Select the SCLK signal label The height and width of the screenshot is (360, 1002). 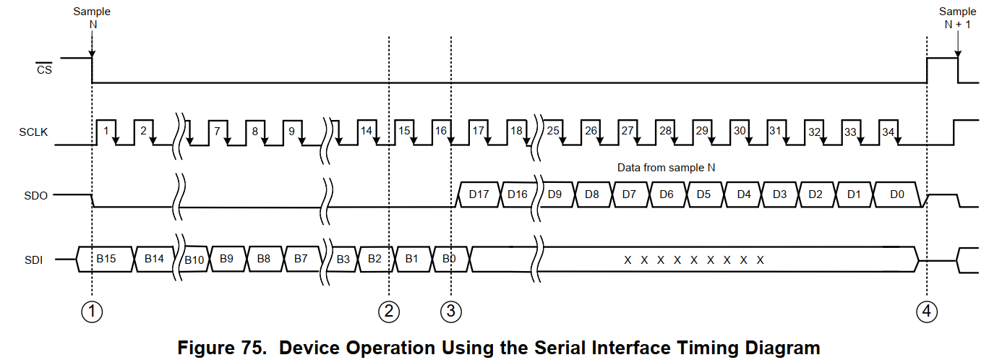(33, 133)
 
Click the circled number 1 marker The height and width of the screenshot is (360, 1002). (92, 312)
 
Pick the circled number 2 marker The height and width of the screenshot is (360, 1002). (389, 312)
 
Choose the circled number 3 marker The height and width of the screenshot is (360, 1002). (450, 312)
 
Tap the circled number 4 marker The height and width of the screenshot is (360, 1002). (926, 312)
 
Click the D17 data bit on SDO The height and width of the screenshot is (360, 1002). (479, 194)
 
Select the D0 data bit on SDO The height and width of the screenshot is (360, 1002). (896, 194)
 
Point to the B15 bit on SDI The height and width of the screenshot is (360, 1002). (106, 258)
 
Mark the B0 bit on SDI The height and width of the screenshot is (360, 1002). (449, 258)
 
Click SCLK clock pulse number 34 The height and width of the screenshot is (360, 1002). (888, 132)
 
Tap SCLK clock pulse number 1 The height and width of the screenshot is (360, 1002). (106, 131)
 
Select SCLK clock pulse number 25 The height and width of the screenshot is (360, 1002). (553, 131)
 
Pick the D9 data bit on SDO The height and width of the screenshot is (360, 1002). (554, 194)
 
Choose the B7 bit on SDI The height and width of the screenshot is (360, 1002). (301, 258)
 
